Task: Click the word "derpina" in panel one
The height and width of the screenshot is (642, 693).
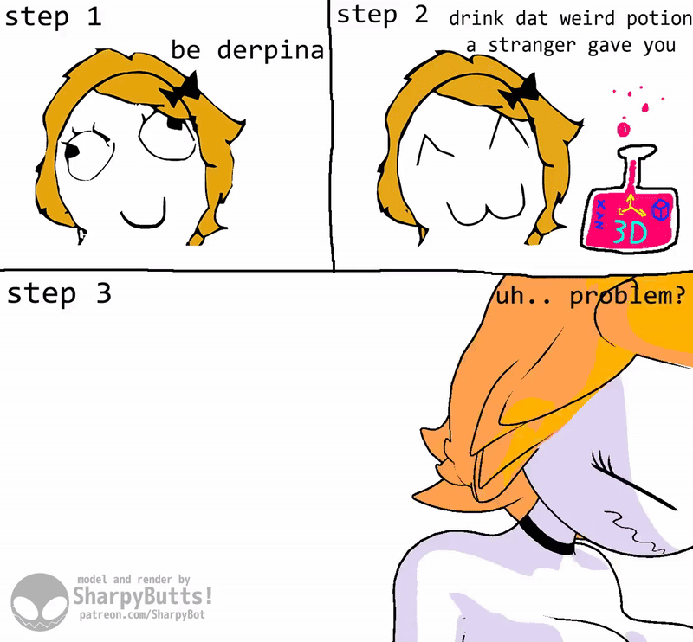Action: tap(270, 51)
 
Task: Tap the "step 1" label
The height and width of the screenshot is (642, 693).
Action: tap(53, 17)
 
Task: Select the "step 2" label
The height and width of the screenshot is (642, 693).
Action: tap(382, 16)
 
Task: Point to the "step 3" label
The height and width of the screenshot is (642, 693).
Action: tap(59, 294)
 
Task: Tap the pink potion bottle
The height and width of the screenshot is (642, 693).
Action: tap(630, 203)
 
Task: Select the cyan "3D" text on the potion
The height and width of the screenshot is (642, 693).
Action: tap(630, 232)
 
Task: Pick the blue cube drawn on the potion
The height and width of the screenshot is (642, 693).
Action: tap(661, 209)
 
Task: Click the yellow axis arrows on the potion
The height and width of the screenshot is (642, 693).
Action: tap(631, 206)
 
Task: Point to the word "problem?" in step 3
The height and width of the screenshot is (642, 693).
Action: tap(627, 296)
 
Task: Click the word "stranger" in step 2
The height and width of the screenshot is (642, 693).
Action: tap(532, 46)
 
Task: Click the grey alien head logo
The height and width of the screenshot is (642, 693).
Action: tap(40, 602)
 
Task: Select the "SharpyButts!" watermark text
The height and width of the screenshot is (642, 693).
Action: tap(142, 596)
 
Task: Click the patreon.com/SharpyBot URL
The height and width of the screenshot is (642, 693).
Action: tap(142, 614)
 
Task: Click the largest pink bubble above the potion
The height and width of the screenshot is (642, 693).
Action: tap(624, 130)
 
